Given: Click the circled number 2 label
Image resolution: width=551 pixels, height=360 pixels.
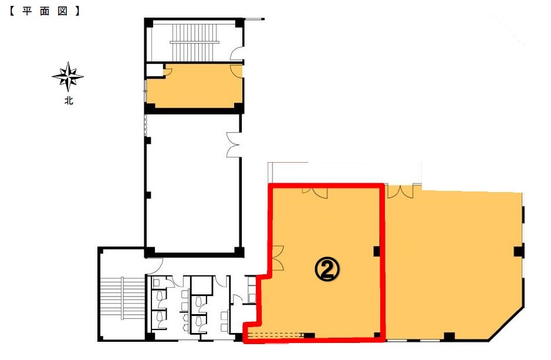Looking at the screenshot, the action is [327, 269].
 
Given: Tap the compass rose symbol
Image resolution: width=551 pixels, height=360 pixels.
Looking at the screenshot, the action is [68, 77].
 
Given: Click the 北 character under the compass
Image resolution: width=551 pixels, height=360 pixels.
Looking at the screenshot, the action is [69, 100].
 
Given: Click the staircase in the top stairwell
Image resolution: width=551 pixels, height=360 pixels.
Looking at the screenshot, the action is [195, 42].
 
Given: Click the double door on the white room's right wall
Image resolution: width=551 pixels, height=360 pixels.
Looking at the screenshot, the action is [234, 144].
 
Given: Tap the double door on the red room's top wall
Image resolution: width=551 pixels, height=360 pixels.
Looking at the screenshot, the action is [315, 192].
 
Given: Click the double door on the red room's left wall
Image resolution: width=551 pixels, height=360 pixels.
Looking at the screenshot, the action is [278, 258].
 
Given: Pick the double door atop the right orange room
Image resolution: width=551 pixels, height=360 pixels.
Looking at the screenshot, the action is [400, 191].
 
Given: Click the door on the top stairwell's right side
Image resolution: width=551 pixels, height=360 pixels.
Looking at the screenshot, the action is [236, 54].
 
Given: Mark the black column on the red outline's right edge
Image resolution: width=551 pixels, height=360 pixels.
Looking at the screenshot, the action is [377, 251].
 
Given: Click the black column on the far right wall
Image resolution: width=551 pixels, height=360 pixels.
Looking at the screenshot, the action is [519, 251].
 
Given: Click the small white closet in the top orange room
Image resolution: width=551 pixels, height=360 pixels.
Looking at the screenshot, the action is [155, 70].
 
